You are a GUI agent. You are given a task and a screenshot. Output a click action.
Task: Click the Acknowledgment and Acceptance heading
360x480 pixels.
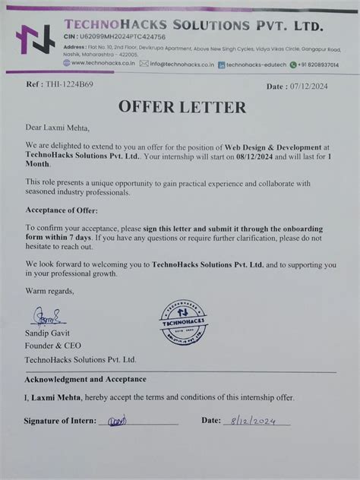(x=86, y=378)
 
